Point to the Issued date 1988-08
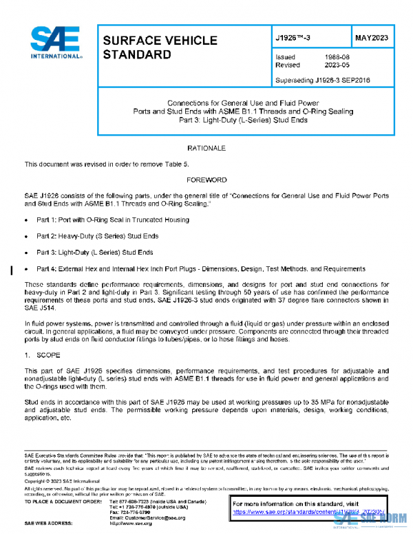point(335,57)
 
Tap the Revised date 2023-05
point(335,65)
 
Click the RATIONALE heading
point(206,149)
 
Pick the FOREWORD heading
point(206,180)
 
